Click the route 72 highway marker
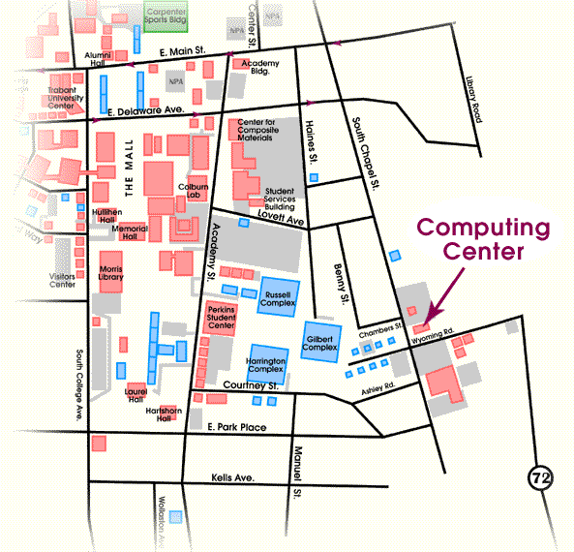[x=540, y=477]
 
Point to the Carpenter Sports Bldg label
[x=166, y=16]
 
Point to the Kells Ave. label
[x=231, y=478]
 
